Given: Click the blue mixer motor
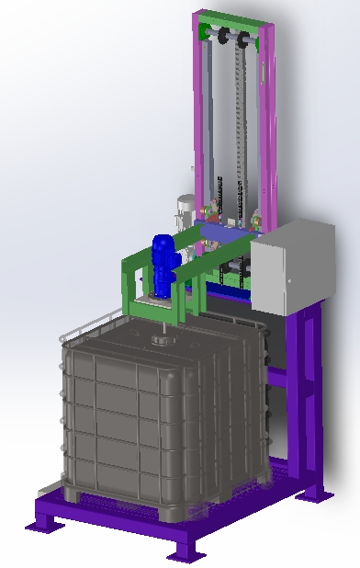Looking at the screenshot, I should click(163, 262).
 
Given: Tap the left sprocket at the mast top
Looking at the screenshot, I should click(221, 37).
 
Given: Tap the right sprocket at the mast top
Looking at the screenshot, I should click(243, 40).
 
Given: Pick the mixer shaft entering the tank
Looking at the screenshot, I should click(163, 322).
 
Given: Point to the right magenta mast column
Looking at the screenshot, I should click(265, 119).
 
